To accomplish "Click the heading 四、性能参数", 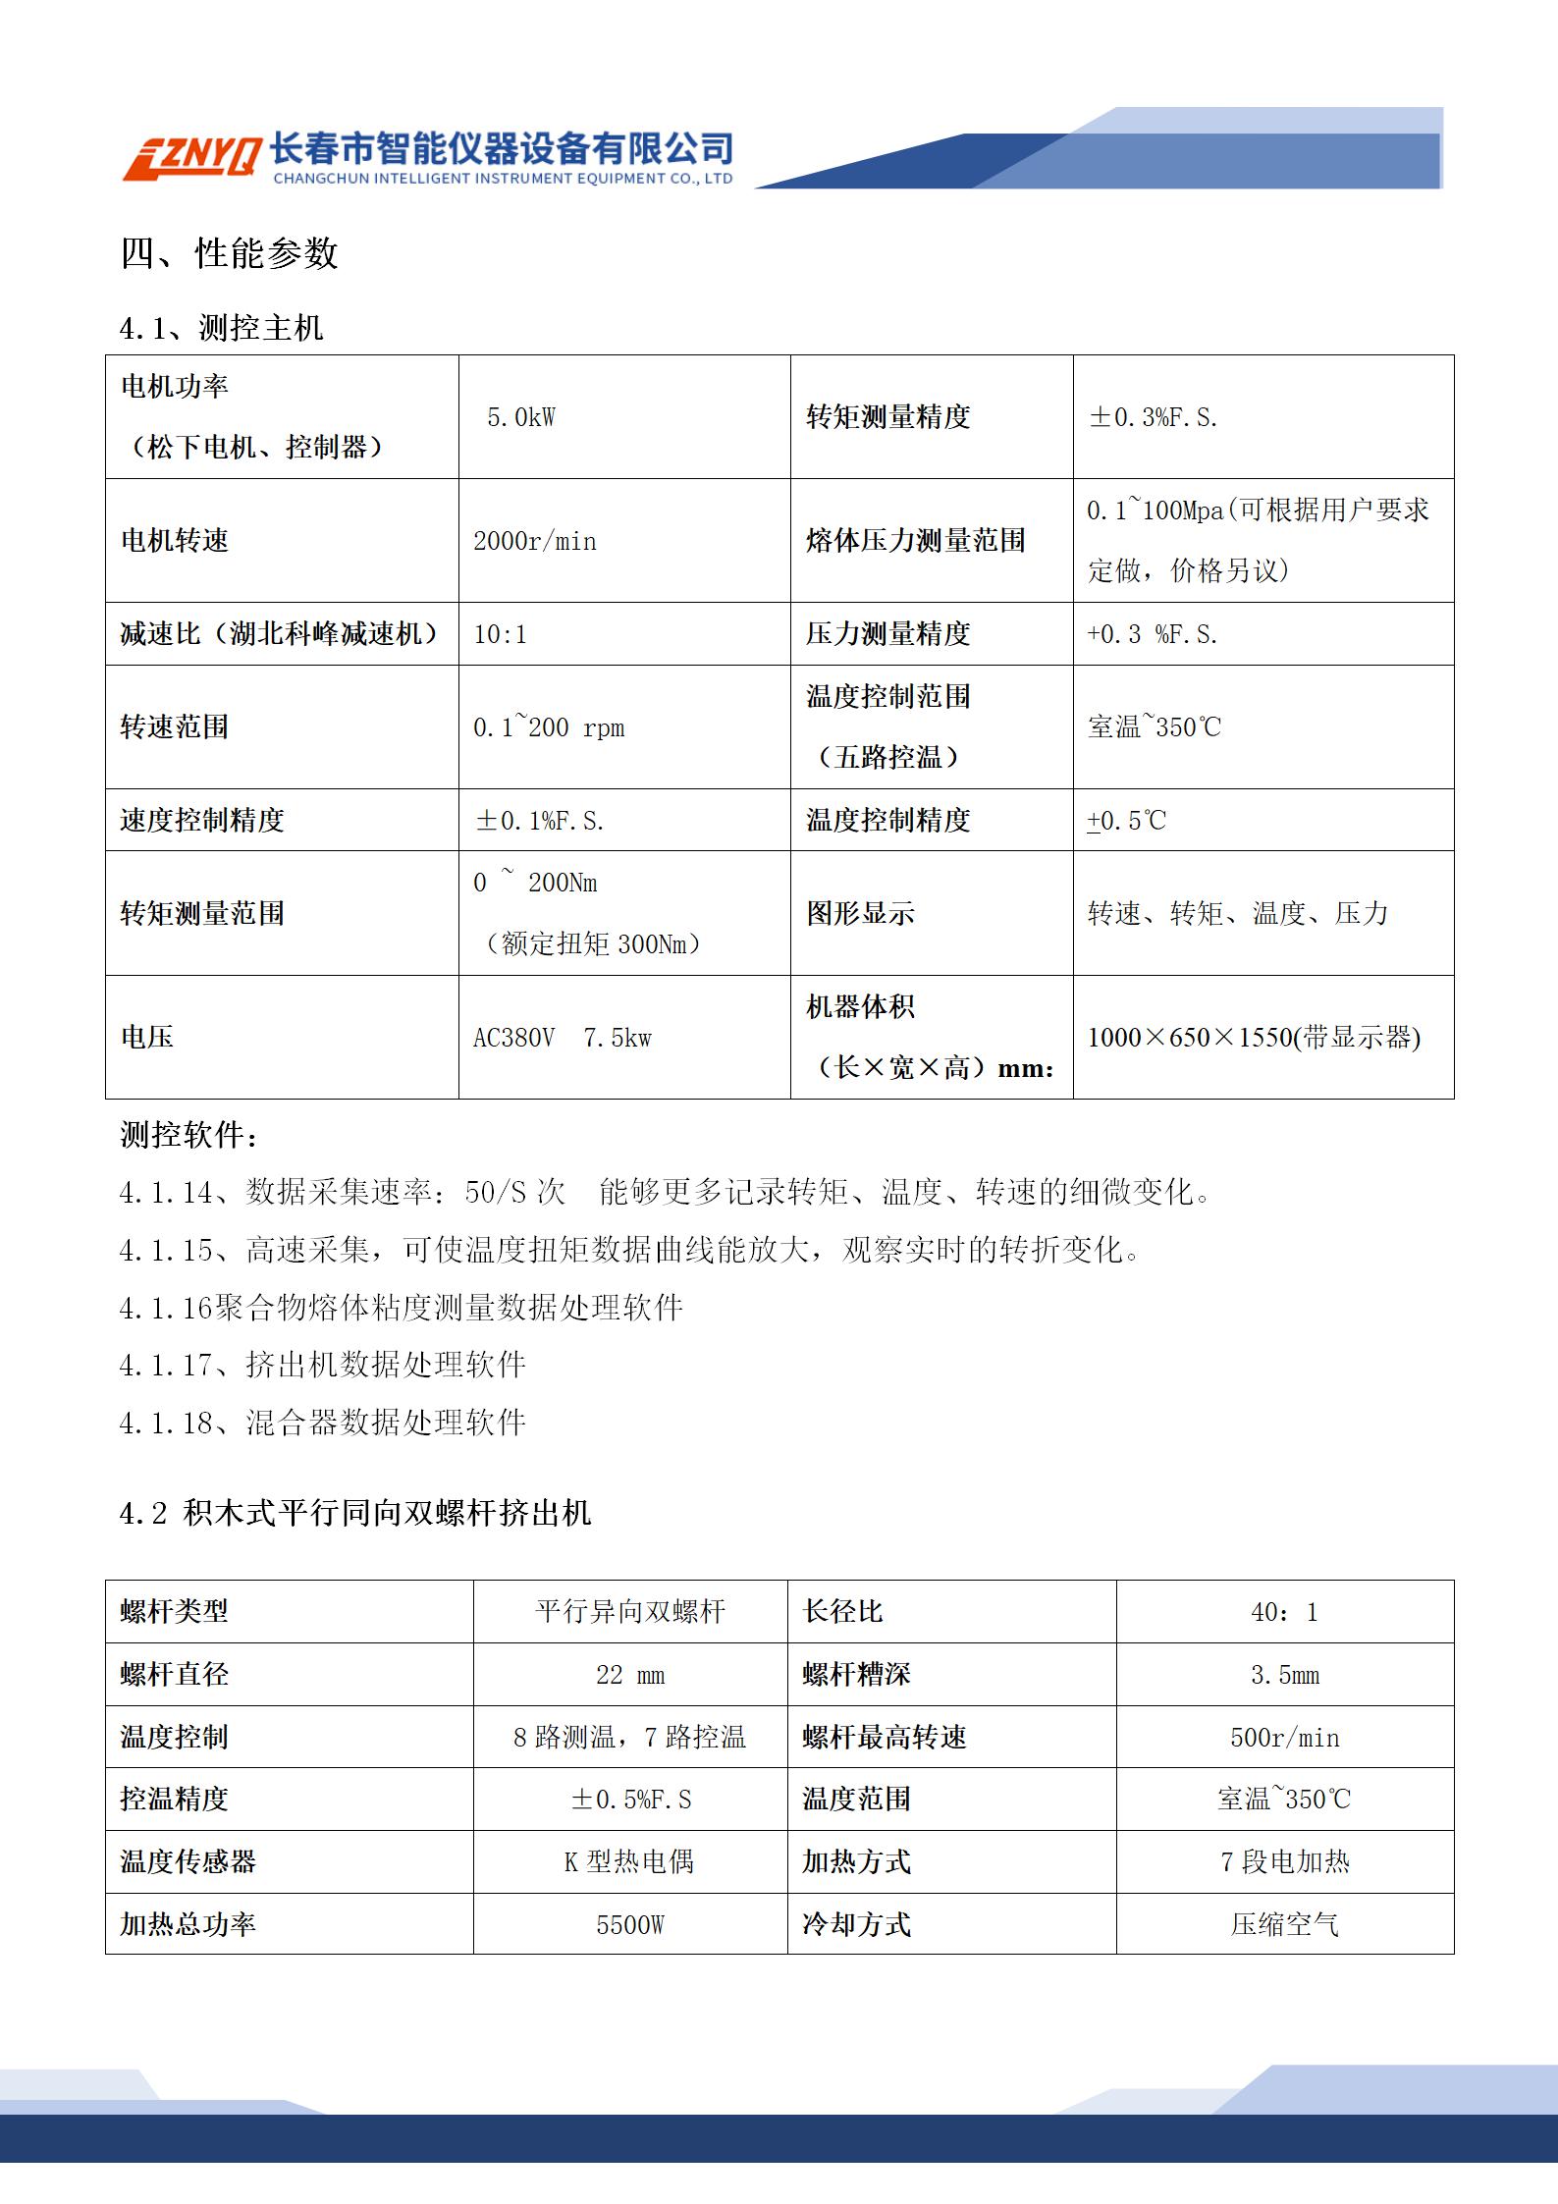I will click(x=229, y=253).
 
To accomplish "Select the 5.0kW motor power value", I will click(x=520, y=418).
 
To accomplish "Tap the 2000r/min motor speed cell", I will click(x=534, y=541).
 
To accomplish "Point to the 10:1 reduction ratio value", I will click(x=500, y=634).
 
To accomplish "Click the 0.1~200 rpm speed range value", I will click(x=549, y=727).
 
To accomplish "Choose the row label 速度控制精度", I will click(x=202, y=820).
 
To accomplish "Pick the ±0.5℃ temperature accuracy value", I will click(x=1127, y=821).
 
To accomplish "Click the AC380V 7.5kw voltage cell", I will click(x=562, y=1038).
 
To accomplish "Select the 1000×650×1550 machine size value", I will click(x=1254, y=1038).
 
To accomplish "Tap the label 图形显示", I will click(x=860, y=913).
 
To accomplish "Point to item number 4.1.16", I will click(x=166, y=1308).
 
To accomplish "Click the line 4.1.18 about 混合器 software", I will click(x=323, y=1423).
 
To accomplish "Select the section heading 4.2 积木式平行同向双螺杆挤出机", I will click(x=355, y=1513).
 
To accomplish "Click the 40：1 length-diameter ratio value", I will click(x=1284, y=1612).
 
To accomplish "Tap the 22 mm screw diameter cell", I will click(x=630, y=1675).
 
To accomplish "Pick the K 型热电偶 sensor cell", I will click(x=629, y=1861).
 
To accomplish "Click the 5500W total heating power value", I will click(x=630, y=1924).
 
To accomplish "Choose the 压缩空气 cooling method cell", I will click(x=1284, y=1924).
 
